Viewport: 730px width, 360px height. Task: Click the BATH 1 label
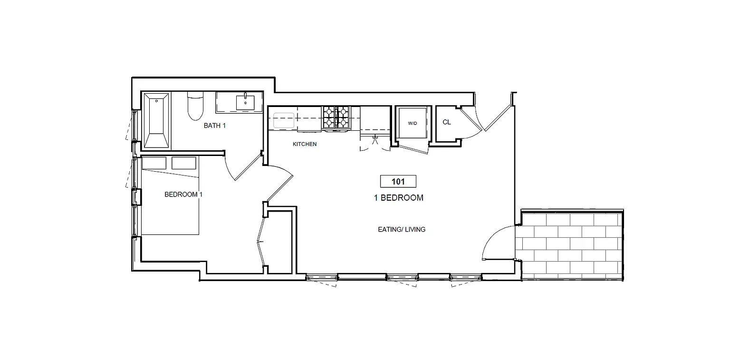tap(214, 126)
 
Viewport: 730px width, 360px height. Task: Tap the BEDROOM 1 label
tap(183, 195)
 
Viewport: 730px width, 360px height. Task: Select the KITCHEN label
tap(305, 144)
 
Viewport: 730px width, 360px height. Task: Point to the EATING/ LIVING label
tap(402, 230)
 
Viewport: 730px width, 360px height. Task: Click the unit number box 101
tap(398, 181)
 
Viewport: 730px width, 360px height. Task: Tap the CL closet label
tap(447, 122)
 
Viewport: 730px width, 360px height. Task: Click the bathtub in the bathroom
tap(156, 121)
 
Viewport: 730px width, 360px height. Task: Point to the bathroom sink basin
tap(245, 103)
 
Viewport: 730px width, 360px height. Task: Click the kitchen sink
tap(283, 120)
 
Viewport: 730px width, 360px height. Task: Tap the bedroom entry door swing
tap(280, 183)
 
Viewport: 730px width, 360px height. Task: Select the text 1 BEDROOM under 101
tap(398, 198)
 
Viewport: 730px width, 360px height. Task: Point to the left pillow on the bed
tap(154, 163)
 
